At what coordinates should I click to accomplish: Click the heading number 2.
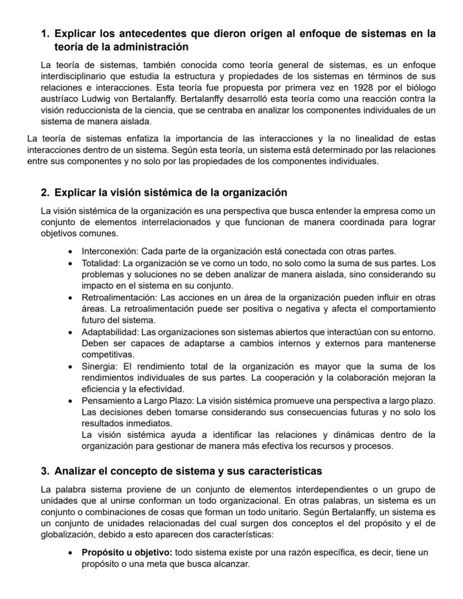point(45,193)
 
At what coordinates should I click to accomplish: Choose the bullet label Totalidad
point(101,262)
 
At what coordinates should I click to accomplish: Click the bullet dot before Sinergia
point(69,367)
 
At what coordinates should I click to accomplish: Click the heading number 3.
point(45,471)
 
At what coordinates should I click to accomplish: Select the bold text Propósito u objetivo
point(127,553)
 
